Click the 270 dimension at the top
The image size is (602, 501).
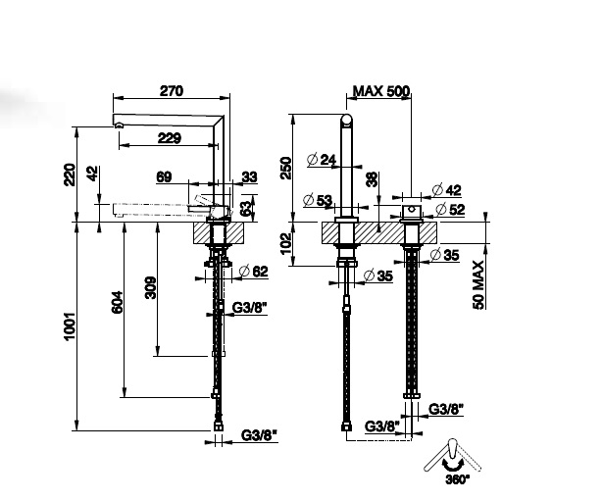pyautogui.click(x=172, y=91)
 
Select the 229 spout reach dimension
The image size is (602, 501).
pyautogui.click(x=170, y=138)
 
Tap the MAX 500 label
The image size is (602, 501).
pyautogui.click(x=381, y=91)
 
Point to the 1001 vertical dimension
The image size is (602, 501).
pyautogui.click(x=70, y=326)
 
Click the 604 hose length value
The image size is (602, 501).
pyautogui.click(x=118, y=302)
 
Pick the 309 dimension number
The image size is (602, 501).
pyautogui.click(x=151, y=287)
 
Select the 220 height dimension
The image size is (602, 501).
pyautogui.click(x=70, y=175)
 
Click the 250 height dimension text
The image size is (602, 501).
pyautogui.click(x=286, y=169)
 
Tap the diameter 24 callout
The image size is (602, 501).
pyautogui.click(x=322, y=160)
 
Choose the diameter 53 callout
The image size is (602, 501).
pyautogui.click(x=318, y=200)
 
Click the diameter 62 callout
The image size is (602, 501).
pyautogui.click(x=254, y=272)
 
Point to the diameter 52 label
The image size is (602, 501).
pyautogui.click(x=450, y=209)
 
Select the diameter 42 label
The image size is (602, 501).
pyautogui.click(x=446, y=190)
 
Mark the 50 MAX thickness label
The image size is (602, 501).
pyautogui.click(x=478, y=284)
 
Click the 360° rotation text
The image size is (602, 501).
pyautogui.click(x=458, y=479)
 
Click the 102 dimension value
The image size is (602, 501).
pyautogui.click(x=286, y=243)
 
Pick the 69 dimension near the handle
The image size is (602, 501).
pyautogui.click(x=164, y=177)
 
